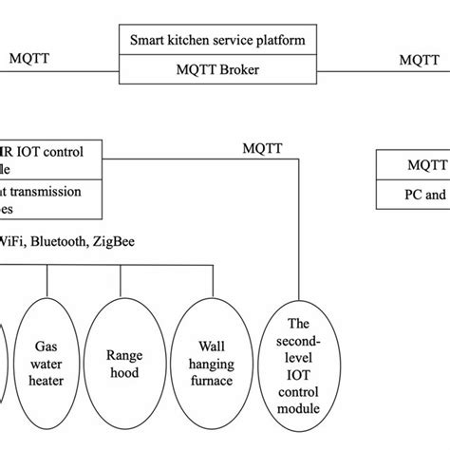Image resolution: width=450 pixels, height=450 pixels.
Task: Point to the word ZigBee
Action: click(x=112, y=242)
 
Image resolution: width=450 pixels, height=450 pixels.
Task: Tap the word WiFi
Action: click(x=12, y=242)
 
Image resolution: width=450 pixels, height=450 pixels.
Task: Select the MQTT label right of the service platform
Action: click(x=419, y=59)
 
